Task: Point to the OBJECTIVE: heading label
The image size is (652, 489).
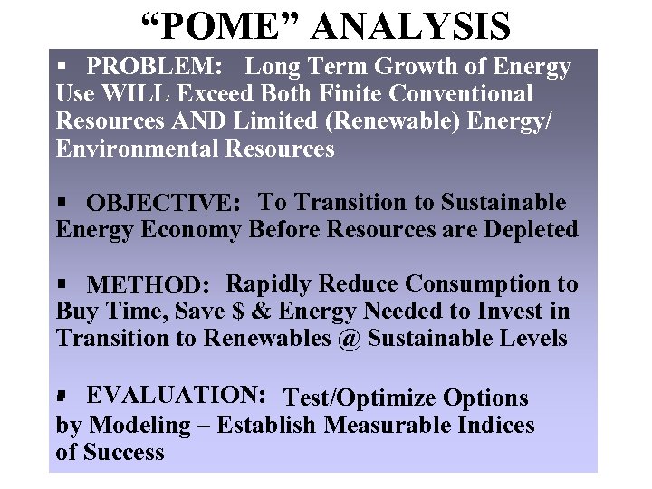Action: (x=164, y=204)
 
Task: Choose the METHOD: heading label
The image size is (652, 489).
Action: (x=149, y=286)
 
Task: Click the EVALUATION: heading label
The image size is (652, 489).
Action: (x=176, y=395)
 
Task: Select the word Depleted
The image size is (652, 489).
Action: (x=532, y=230)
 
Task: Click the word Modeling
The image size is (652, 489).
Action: (x=144, y=425)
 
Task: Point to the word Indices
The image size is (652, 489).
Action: (x=493, y=425)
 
